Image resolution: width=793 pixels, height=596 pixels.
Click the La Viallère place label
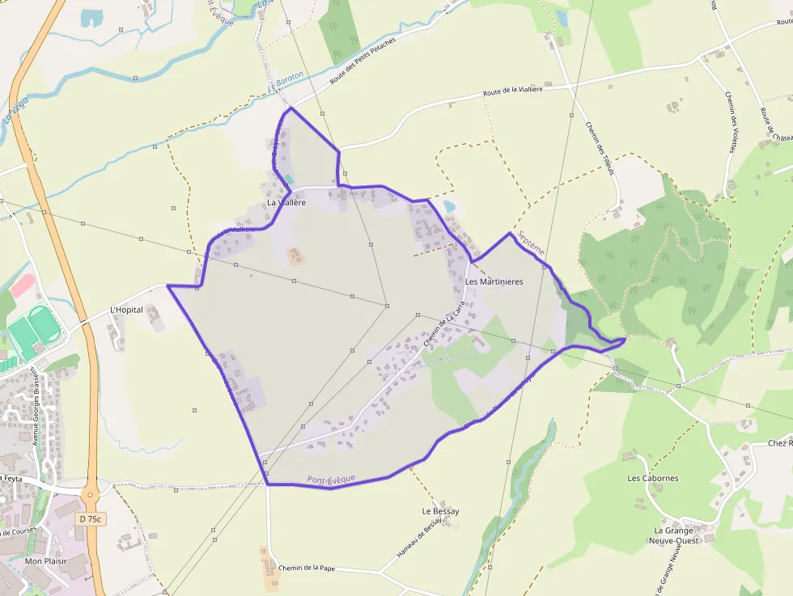click(286, 203)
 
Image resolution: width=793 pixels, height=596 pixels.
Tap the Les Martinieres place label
click(494, 282)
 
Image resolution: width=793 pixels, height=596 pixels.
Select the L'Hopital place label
click(126, 310)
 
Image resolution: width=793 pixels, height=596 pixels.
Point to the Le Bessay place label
click(440, 511)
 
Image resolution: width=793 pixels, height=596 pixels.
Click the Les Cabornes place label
click(653, 478)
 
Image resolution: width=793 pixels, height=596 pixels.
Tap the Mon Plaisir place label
click(45, 560)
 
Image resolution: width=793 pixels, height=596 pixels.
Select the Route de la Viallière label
click(512, 91)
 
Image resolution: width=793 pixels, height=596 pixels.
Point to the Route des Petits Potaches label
click(363, 61)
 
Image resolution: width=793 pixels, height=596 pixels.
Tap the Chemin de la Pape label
click(306, 568)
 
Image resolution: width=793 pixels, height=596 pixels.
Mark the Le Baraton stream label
click(286, 80)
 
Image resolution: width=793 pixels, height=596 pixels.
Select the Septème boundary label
click(532, 240)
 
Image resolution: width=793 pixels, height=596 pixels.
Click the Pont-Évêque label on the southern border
click(331, 480)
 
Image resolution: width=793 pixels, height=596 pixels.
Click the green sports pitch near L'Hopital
click(32, 328)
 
